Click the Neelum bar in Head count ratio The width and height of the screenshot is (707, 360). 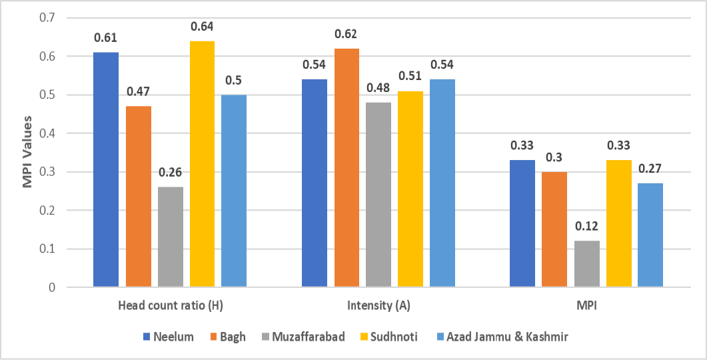pos(106,169)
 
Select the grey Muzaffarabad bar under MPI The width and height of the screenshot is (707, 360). pos(587,264)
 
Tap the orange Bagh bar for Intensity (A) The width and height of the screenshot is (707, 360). pos(347,168)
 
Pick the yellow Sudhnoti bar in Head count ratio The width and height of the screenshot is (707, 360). pos(202,164)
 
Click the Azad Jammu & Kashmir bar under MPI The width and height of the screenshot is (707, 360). pos(650,235)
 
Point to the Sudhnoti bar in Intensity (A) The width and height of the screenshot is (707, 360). pos(410,189)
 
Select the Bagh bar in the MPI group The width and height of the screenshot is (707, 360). pos(554,229)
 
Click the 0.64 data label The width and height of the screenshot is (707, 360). pos(202,27)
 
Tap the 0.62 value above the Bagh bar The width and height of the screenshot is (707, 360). pos(347,34)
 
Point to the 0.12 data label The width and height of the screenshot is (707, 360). pos(587,227)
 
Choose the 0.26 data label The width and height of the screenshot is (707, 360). pos(171,172)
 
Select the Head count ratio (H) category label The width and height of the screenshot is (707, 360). pos(171,305)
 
